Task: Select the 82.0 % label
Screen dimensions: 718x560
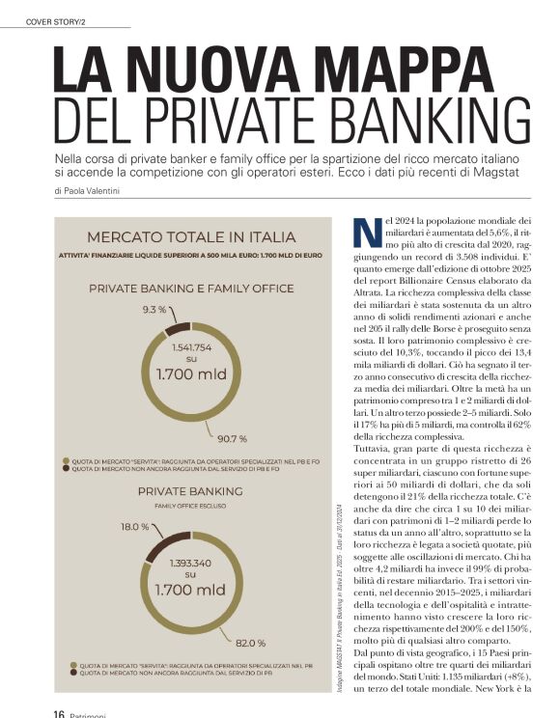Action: pos(250,642)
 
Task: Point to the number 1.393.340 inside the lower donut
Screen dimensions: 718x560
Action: pos(191,561)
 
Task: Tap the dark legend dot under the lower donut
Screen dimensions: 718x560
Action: pos(72,674)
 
